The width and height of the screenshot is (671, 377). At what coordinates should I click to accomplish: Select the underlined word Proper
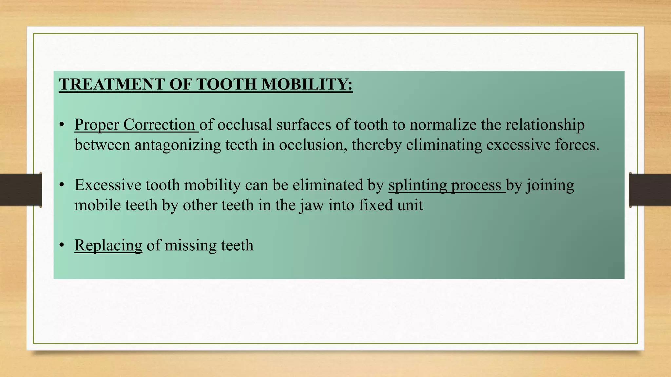96,125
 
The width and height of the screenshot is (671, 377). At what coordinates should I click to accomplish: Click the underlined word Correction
159,125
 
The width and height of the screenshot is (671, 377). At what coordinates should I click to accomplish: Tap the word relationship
545,125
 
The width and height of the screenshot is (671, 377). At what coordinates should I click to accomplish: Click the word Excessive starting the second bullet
108,185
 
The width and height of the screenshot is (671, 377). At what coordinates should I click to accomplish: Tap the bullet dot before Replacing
62,245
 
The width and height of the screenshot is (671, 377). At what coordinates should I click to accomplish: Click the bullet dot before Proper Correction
62,125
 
